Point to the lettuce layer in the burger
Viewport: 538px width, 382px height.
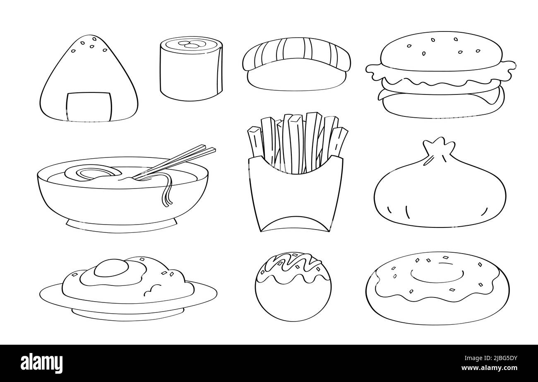tap(441, 77)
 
